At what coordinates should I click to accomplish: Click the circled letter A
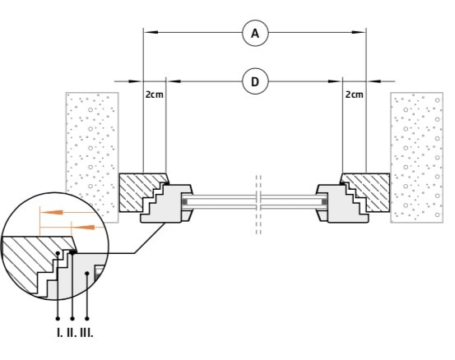255,33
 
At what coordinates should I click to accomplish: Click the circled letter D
255,81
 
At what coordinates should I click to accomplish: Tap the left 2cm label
155,95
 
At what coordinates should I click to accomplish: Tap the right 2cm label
355,95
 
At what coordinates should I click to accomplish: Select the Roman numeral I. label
59,333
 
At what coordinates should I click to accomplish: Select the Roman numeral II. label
72,333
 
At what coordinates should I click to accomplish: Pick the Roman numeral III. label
86,333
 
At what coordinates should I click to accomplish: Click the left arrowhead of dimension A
151,32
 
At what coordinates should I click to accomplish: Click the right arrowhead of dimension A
359,32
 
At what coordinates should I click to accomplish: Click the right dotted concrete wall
416,158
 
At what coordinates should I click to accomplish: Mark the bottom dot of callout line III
87,319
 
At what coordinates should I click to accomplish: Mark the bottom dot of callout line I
58,319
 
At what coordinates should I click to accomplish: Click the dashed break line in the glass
258,205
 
